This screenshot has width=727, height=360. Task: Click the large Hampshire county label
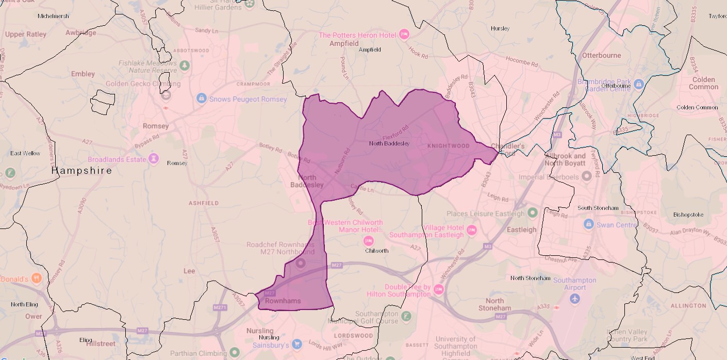(81, 170)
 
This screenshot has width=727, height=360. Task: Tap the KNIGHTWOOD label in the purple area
(449, 146)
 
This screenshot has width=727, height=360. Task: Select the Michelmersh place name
(53, 16)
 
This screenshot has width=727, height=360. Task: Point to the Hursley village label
(500, 28)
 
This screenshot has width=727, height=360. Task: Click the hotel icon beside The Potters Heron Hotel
(404, 35)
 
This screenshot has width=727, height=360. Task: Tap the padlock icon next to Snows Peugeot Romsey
(201, 97)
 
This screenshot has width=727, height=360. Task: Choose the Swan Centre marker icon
(588, 224)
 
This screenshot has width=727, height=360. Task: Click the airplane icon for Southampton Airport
(574, 299)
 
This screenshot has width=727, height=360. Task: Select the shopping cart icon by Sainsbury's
(296, 343)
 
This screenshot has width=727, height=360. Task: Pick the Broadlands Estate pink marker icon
(153, 158)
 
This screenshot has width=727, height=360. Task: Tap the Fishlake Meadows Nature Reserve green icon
(184, 66)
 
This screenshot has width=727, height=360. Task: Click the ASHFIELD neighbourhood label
(203, 203)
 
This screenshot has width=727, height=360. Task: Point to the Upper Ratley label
(25, 35)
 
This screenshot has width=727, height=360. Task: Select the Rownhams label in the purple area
(282, 301)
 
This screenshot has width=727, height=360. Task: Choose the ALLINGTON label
(688, 306)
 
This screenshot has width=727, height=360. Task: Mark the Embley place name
(83, 74)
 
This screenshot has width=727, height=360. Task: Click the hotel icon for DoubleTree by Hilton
(438, 289)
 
